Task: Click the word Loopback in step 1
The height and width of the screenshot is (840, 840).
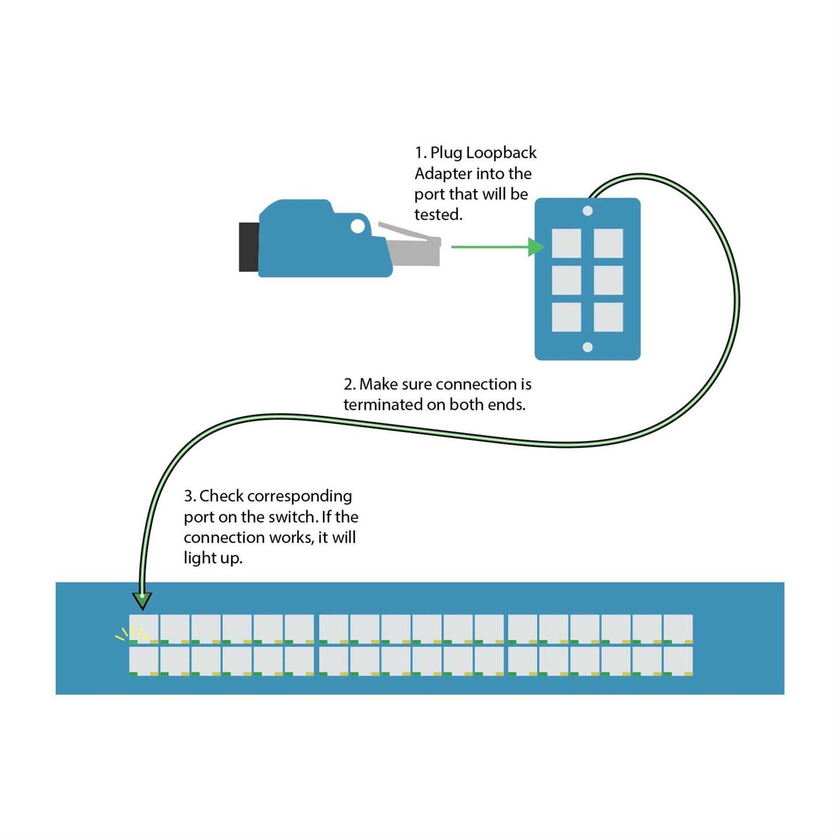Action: click(501, 153)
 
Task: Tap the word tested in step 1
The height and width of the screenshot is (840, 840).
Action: click(437, 214)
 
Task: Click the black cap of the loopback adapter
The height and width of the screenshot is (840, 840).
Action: click(249, 247)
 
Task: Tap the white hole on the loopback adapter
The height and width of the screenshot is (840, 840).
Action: click(357, 226)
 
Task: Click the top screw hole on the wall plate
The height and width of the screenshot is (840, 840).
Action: click(587, 211)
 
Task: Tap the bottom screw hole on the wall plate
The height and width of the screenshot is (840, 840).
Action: click(587, 347)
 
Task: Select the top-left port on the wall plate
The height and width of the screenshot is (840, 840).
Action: click(566, 244)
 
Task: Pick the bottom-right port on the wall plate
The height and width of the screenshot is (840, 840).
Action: click(608, 317)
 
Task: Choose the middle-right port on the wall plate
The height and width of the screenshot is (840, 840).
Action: click(608, 280)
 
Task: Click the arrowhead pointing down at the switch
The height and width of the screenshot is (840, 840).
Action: click(143, 600)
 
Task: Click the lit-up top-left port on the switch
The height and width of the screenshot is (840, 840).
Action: click(143, 628)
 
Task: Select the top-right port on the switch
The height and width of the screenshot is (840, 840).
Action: click(678, 628)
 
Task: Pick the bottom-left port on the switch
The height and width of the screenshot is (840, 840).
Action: click(143, 661)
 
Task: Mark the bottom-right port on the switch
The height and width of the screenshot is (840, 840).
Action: click(678, 661)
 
